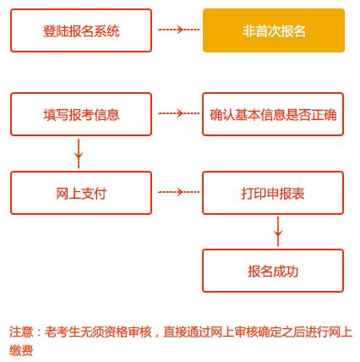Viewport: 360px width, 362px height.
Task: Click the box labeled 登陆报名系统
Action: (81, 30)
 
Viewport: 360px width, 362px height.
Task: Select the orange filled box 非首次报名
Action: (274, 30)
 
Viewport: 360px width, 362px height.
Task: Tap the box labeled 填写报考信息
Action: (81, 114)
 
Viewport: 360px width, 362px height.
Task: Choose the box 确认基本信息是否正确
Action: (273, 114)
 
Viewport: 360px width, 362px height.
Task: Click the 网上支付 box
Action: (81, 193)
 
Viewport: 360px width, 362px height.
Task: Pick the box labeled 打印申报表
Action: (273, 193)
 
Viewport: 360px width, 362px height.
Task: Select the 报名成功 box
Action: (273, 271)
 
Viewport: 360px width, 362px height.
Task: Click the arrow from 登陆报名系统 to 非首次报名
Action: (178, 30)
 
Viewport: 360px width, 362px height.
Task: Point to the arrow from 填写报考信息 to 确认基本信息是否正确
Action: (178, 113)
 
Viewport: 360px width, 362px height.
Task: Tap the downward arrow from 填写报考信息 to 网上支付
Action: (79, 153)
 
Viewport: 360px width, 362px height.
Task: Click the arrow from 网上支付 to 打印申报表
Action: (178, 192)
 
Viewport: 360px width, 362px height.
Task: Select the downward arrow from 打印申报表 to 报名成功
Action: (278, 231)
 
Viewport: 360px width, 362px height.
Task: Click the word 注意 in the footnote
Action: (21, 332)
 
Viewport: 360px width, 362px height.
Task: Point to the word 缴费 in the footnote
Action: (21, 350)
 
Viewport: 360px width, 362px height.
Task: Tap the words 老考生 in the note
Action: (63, 332)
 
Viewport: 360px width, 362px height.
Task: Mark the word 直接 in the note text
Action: (175, 332)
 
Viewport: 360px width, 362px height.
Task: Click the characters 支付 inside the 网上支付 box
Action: (94, 194)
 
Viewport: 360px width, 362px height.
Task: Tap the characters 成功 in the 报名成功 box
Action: (286, 271)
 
